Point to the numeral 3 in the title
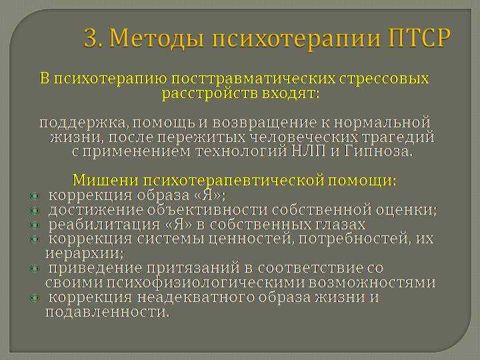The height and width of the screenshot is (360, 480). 92,38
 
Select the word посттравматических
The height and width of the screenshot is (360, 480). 253,79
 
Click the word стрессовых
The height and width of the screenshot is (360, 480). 384,79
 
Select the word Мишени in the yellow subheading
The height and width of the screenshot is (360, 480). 105,180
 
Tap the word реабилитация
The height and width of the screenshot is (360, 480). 105,225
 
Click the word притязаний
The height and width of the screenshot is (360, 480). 193,269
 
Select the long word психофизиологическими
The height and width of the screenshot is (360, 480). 206,283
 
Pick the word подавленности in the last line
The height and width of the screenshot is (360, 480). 107,312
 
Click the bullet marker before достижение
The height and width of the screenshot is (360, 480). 35,211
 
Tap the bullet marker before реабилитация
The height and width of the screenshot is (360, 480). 35,225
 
